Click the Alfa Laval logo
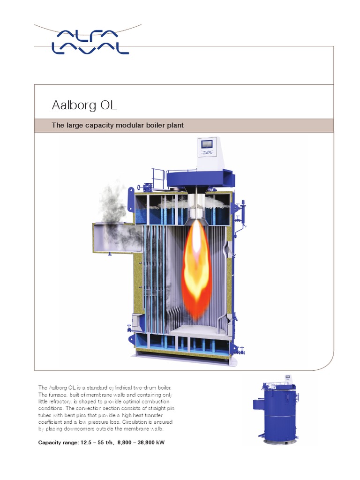(90, 41)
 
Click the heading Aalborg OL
(84, 105)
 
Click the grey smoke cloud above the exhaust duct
(112, 202)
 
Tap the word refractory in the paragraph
(68, 402)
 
